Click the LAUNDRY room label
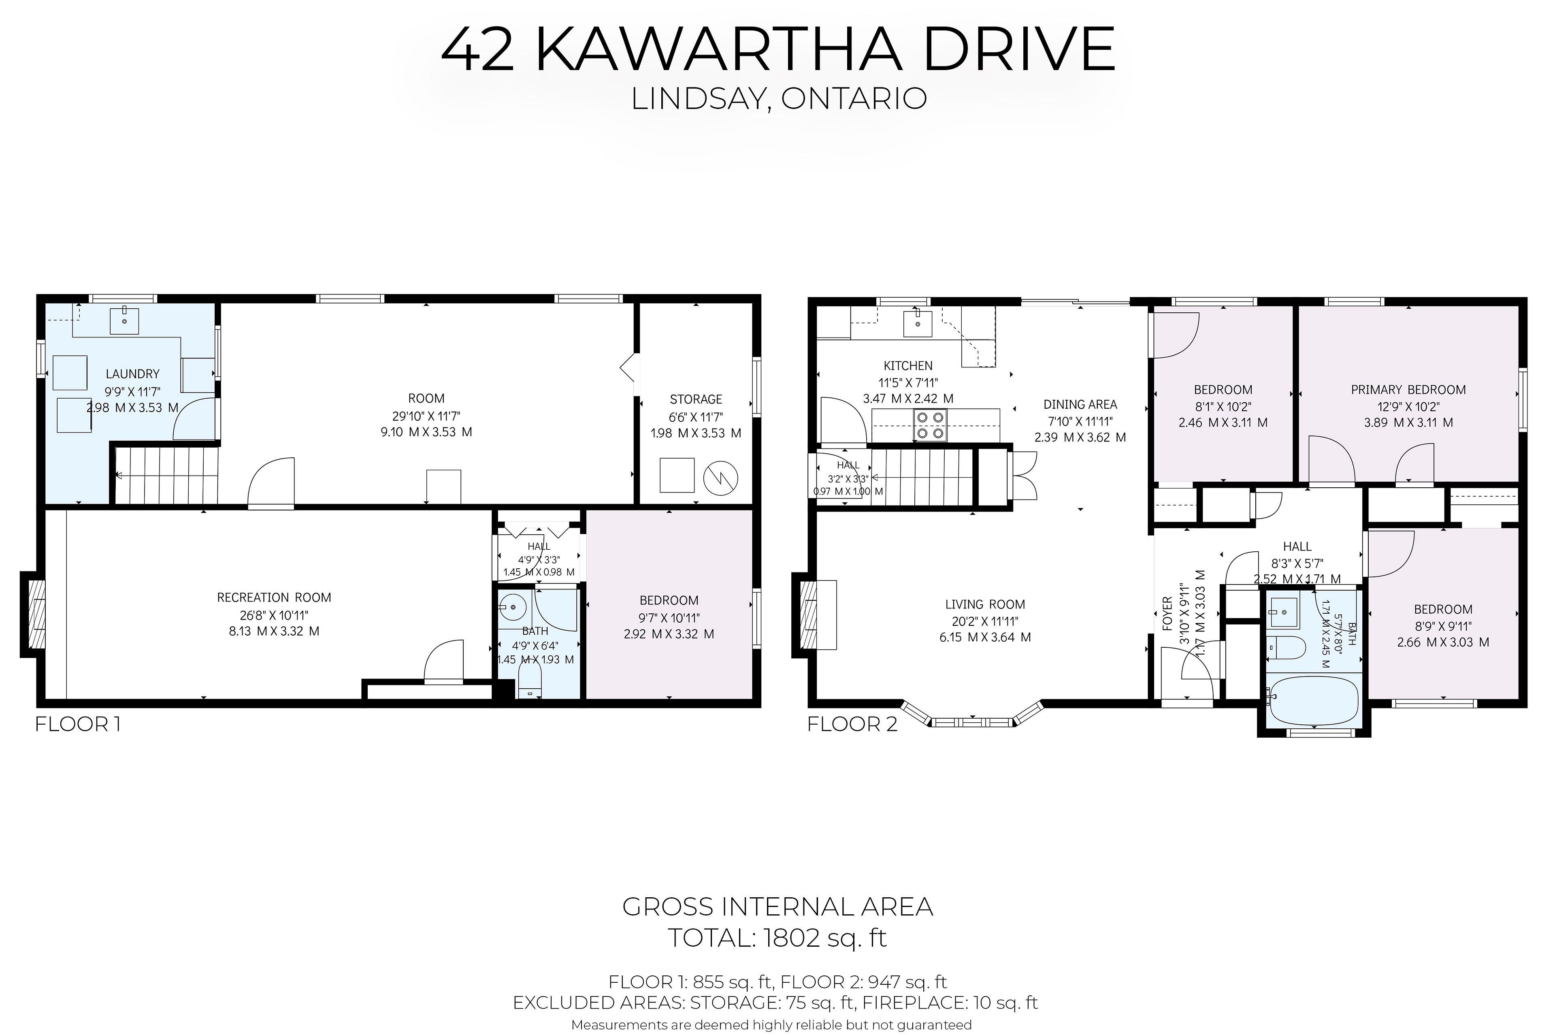(132, 373)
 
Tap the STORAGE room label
(696, 399)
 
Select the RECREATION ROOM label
(274, 598)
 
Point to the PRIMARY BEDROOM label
(1408, 389)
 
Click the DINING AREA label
(1080, 405)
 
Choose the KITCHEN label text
(908, 366)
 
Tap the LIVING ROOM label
(985, 604)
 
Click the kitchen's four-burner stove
(930, 425)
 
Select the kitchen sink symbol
(918, 322)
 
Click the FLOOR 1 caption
(77, 724)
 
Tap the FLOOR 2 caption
(852, 724)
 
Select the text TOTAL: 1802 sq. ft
(778, 937)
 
